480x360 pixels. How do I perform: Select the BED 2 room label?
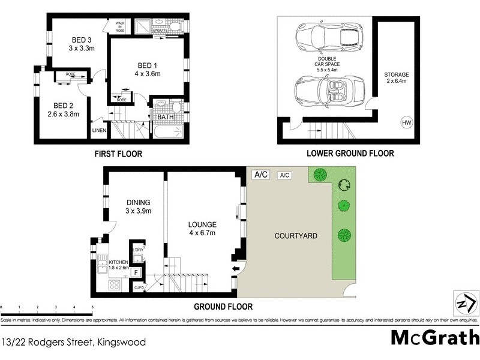click(x=63, y=104)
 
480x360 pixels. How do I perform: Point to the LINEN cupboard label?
click(x=98, y=130)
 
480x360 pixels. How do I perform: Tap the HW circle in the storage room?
click(x=406, y=123)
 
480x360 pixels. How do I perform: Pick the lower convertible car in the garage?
click(x=329, y=91)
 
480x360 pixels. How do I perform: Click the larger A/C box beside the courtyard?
click(x=261, y=175)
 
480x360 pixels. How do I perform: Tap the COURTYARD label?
click(x=296, y=236)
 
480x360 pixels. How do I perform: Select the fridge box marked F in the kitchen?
click(x=136, y=273)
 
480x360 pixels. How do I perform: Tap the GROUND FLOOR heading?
click(x=223, y=307)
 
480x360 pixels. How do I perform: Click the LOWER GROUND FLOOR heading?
click(x=350, y=154)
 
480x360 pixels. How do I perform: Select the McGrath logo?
click(x=434, y=337)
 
